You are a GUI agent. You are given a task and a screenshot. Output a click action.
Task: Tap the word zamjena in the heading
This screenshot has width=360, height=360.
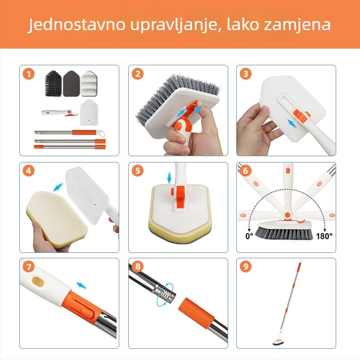(x=298, y=25)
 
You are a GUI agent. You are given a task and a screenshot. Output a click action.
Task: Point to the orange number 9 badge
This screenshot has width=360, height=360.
(x=246, y=267)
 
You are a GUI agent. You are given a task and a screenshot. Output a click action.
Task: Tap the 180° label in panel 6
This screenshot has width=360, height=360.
(x=324, y=235)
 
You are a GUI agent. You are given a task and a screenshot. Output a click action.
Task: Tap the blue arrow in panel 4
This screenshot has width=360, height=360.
(x=58, y=186)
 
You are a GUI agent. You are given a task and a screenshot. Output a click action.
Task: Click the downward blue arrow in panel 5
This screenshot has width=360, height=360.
(x=169, y=179)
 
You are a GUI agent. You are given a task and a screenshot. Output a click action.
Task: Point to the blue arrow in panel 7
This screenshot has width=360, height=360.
(x=81, y=284)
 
